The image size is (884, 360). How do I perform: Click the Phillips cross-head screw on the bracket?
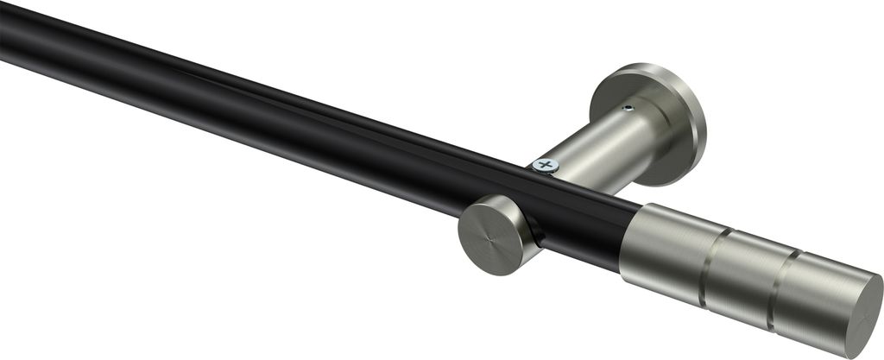pos(545,164)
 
